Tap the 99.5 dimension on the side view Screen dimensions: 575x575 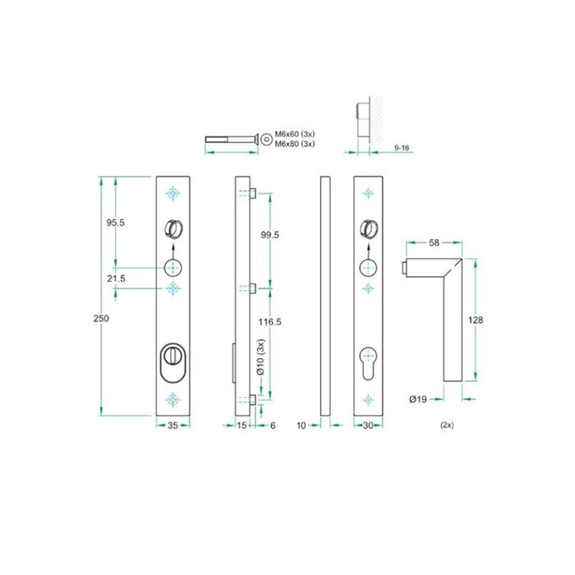[269, 235]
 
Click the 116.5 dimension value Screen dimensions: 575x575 [269, 323]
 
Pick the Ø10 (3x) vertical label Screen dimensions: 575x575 [261, 358]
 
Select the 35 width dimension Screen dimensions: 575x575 [172, 425]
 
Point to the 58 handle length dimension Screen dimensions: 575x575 [435, 243]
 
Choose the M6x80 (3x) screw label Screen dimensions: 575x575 [294, 145]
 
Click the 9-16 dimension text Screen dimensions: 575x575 [402, 146]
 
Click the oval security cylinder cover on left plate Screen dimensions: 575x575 [172, 362]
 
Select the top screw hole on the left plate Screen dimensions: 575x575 [172, 193]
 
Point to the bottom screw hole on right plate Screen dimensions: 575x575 [367, 400]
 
